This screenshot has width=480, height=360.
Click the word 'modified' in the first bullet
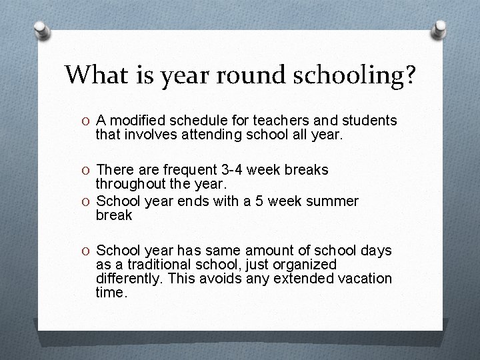(136, 121)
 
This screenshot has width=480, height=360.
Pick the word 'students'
(368, 121)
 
